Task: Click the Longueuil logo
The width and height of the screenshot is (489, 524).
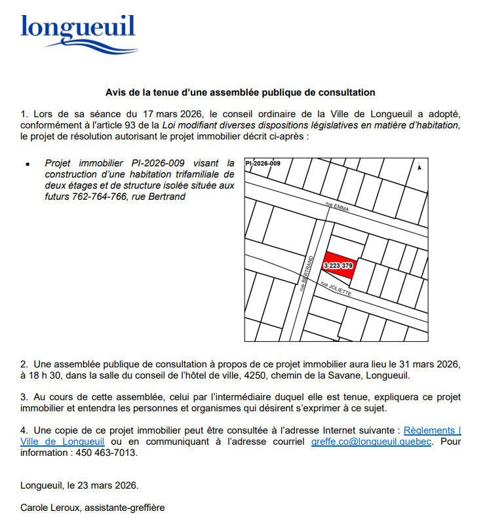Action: (x=78, y=33)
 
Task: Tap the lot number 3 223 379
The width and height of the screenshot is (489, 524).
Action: (x=339, y=266)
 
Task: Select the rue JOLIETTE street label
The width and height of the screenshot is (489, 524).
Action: (x=336, y=289)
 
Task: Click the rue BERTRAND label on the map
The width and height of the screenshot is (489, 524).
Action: (x=304, y=273)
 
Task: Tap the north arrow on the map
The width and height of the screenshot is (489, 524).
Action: (x=419, y=167)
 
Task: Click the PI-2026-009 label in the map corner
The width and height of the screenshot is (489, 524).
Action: (x=263, y=163)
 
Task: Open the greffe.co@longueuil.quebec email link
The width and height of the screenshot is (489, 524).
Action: (x=371, y=441)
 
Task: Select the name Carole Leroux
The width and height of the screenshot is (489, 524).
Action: (x=49, y=507)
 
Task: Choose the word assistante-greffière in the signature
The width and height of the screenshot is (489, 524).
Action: (x=124, y=507)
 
